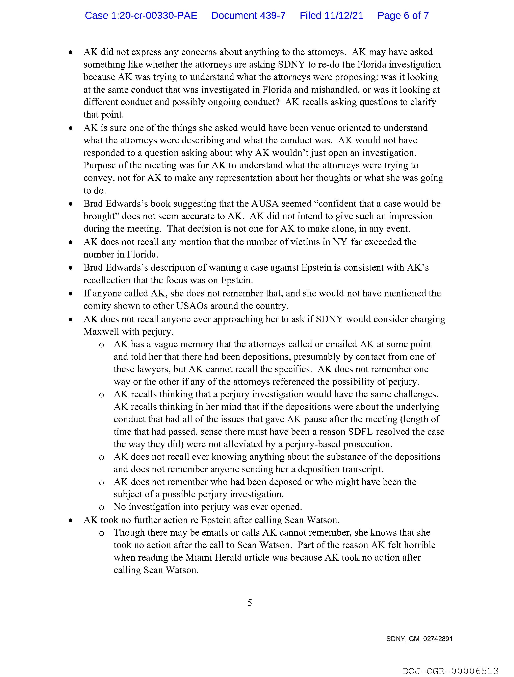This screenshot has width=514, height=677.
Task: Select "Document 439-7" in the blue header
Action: pos(248,16)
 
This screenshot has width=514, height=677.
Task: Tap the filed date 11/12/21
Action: pos(344,16)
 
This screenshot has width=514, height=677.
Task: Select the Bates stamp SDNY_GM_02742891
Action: pos(419,639)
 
